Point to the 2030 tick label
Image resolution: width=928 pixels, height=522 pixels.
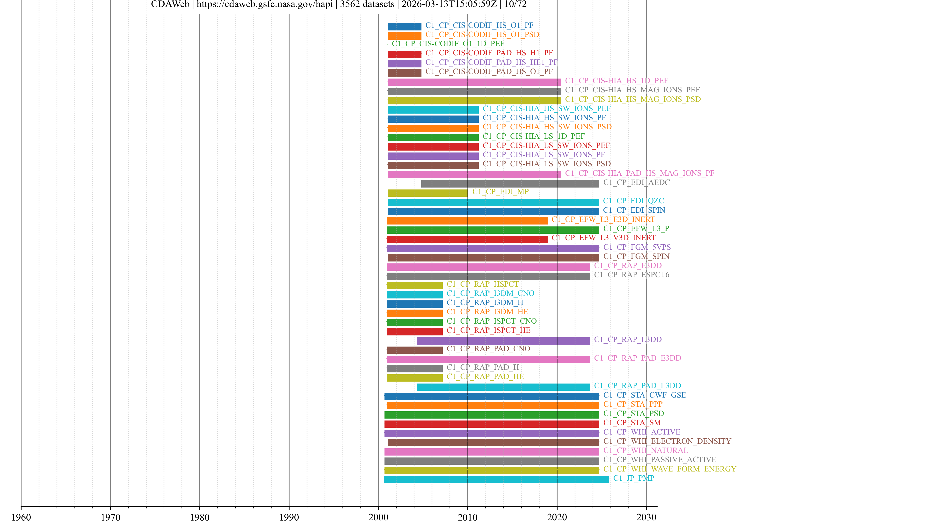point(646,517)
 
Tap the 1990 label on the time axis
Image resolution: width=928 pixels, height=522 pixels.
point(289,517)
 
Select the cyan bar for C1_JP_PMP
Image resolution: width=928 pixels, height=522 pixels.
point(496,479)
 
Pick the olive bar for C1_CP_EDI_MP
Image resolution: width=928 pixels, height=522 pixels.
point(428,193)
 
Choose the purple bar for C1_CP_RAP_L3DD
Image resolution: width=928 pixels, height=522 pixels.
point(503,341)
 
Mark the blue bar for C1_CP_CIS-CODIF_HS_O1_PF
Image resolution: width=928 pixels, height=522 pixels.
point(404,27)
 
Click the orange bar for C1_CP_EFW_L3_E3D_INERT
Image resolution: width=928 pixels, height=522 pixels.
point(467,221)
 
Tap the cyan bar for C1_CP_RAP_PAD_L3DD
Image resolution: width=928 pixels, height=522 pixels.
point(503,387)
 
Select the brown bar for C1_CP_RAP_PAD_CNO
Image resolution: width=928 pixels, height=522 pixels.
point(414,350)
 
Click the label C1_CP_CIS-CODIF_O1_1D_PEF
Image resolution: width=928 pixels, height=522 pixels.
point(448,43)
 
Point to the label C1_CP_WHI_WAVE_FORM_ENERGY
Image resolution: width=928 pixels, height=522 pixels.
point(670,469)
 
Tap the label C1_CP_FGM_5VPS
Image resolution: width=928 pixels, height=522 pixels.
point(637,247)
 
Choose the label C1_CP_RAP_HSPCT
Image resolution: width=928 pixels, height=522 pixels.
point(482,284)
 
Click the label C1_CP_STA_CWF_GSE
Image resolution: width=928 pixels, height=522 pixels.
point(645,395)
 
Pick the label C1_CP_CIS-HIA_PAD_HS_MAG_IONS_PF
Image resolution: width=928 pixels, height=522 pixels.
point(639,173)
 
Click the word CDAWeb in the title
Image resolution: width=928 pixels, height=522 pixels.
point(170,4)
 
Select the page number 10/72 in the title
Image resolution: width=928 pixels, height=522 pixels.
point(515,4)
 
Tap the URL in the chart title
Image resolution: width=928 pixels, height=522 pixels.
point(264,4)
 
